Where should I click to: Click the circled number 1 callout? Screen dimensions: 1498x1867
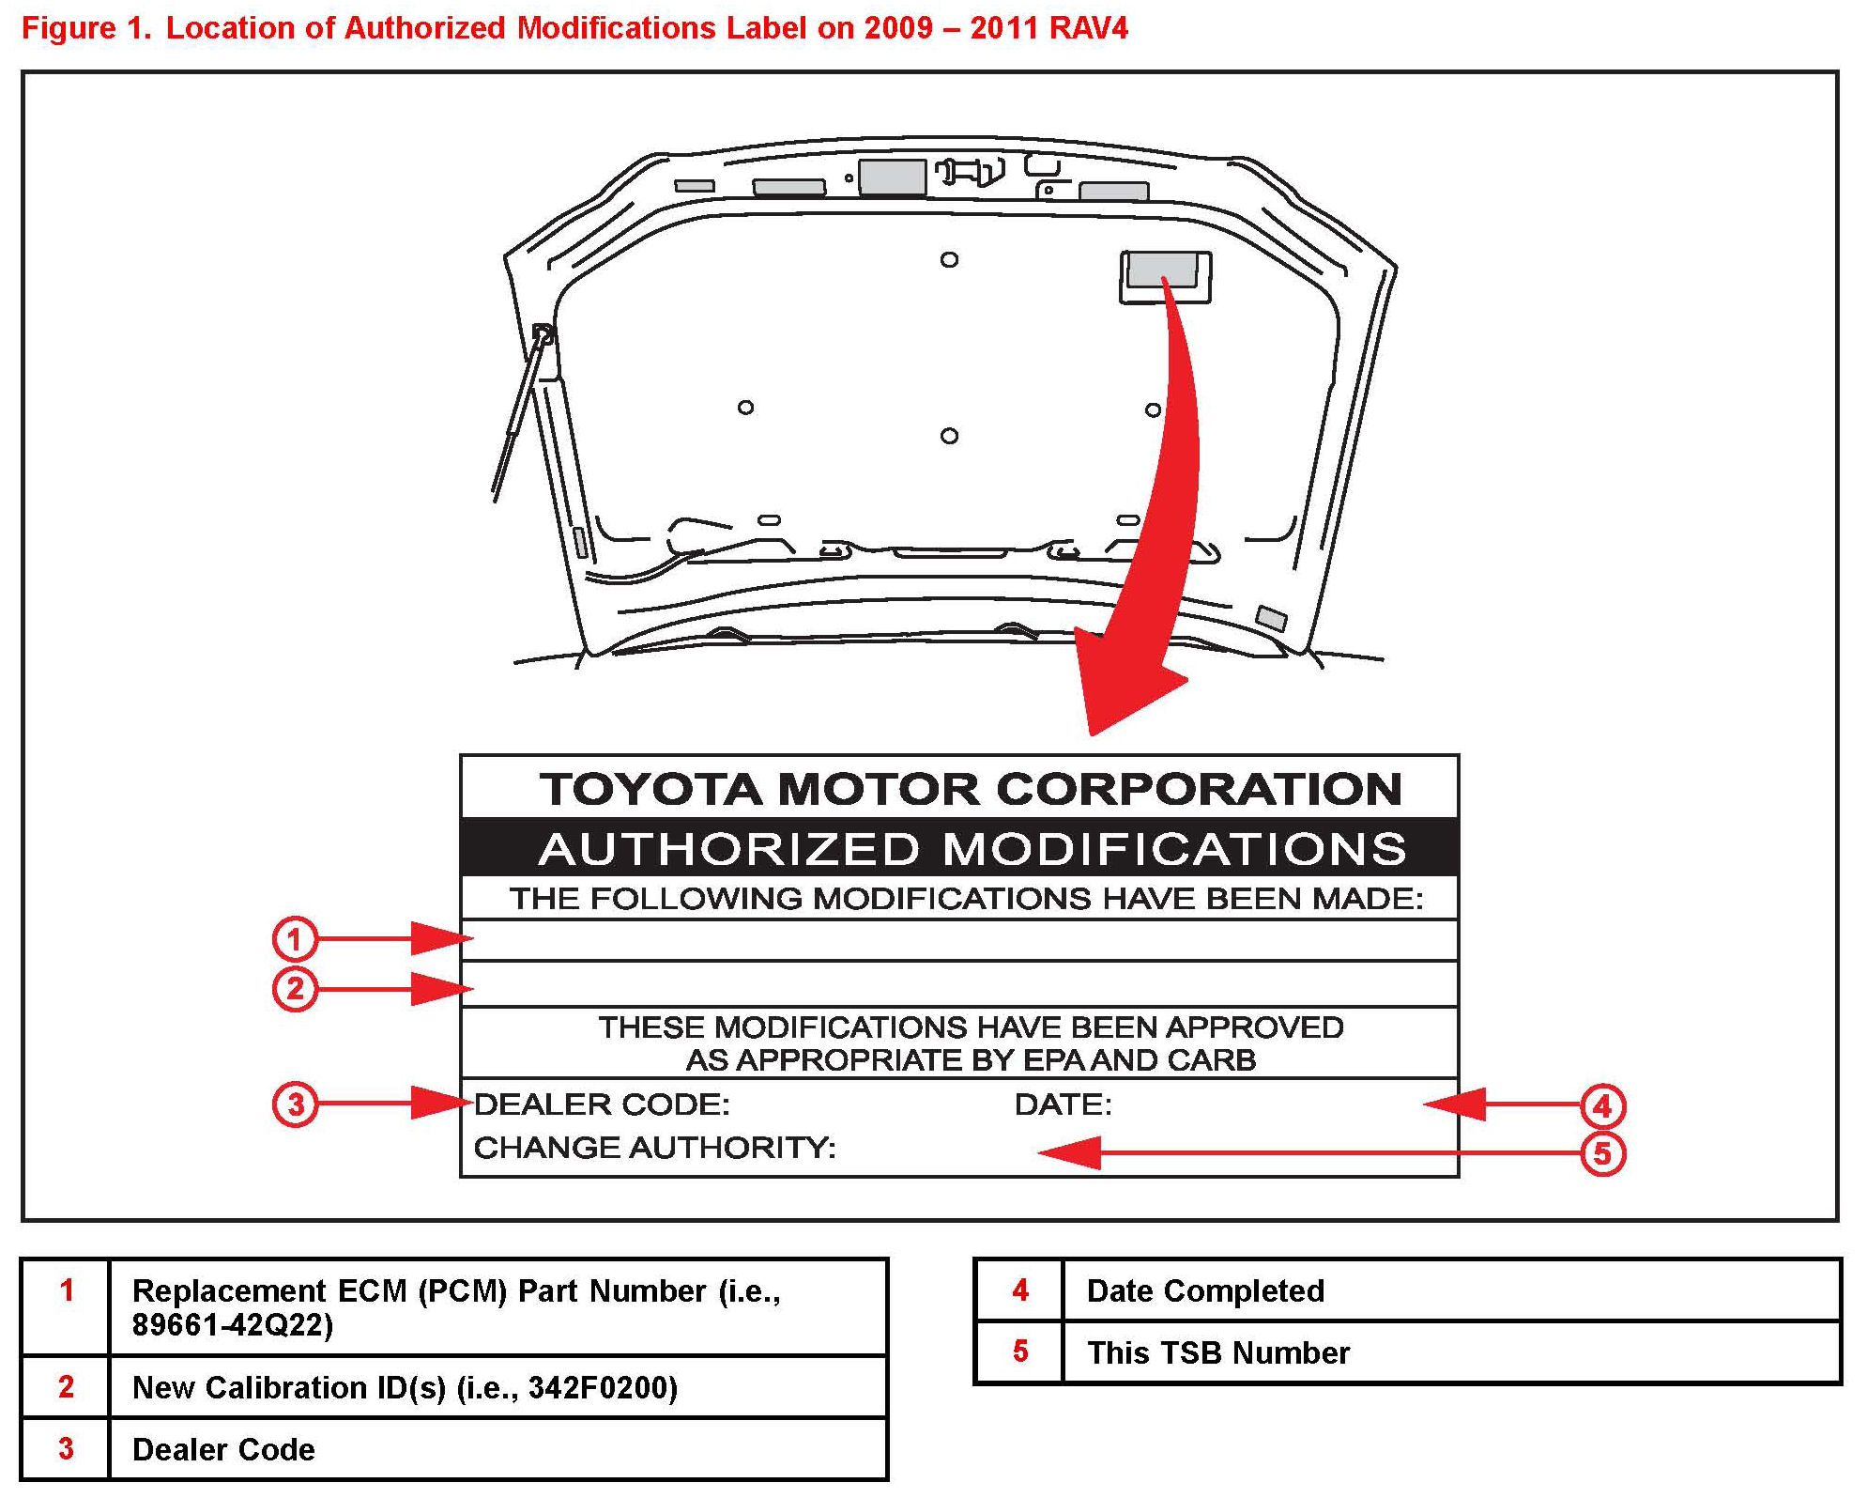pyautogui.click(x=295, y=938)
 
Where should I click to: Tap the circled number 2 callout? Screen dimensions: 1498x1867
pyautogui.click(x=295, y=989)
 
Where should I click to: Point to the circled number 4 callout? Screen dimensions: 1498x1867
pyautogui.click(x=1602, y=1105)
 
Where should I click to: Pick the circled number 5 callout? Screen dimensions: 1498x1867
pyautogui.click(x=1602, y=1153)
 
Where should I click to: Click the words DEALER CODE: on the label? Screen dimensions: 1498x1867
pyautogui.click(x=602, y=1104)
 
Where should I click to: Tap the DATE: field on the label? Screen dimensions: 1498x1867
pyautogui.click(x=1063, y=1104)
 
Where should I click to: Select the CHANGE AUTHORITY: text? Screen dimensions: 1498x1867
pyautogui.click(x=654, y=1148)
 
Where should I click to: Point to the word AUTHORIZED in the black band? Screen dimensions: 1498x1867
pyautogui.click(x=729, y=849)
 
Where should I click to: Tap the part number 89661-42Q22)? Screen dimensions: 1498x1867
pyautogui.click(x=232, y=1325)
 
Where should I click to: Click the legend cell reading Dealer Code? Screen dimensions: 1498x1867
pyautogui.click(x=223, y=1449)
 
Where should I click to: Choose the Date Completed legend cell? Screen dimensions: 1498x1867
pyautogui.click(x=1205, y=1290)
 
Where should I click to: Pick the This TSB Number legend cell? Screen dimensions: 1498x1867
pyautogui.click(x=1217, y=1352)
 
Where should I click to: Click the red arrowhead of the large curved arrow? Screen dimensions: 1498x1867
pyautogui.click(x=1122, y=686)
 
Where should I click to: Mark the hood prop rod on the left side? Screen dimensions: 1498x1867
pyautogui.click(x=519, y=413)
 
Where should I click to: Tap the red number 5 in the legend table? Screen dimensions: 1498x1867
pyautogui.click(x=1020, y=1351)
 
